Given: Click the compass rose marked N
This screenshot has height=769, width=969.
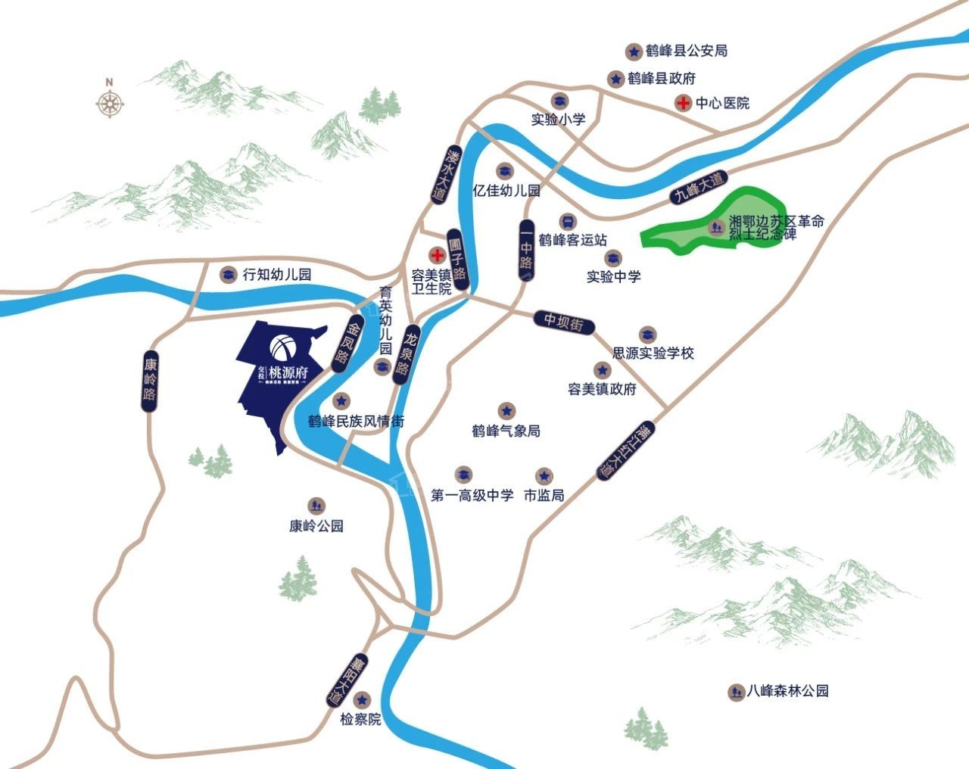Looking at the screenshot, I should click(x=110, y=102).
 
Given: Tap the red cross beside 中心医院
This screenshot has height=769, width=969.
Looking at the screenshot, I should click(x=682, y=103).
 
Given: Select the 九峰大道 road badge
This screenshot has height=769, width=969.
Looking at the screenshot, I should click(x=699, y=188).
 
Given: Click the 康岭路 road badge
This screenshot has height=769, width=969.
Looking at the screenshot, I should click(x=149, y=381).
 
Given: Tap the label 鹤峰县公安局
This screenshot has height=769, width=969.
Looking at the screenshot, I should click(x=687, y=51).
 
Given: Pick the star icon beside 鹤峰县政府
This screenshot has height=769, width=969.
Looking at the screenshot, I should click(x=615, y=78).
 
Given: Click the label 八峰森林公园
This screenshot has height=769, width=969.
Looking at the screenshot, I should click(x=788, y=691).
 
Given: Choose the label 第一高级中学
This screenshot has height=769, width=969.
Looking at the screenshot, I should click(x=472, y=496).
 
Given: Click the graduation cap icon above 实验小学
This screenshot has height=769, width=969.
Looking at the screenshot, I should click(x=559, y=101).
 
